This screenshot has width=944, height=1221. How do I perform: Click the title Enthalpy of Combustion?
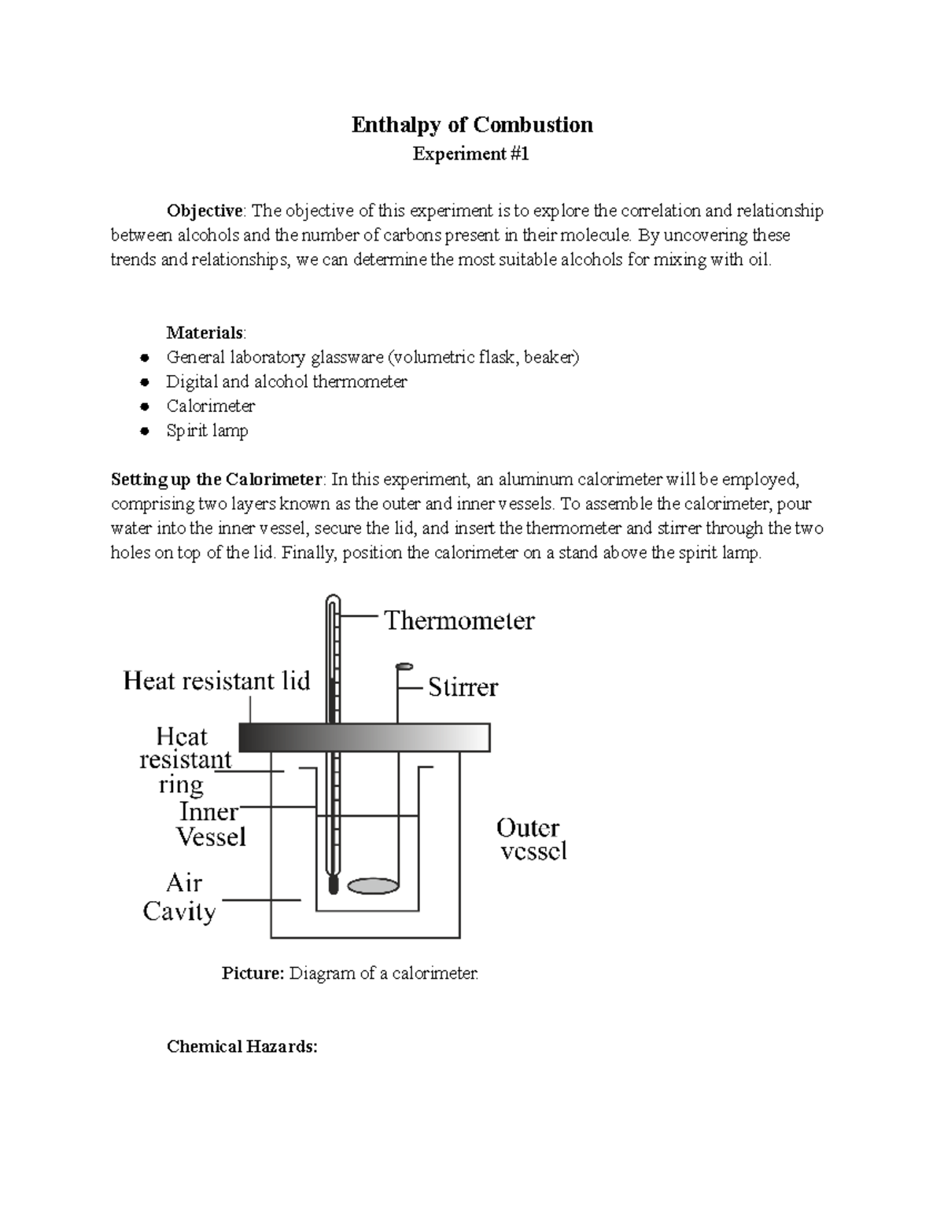click(471, 125)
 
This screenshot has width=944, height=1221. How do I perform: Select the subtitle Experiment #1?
click(471, 154)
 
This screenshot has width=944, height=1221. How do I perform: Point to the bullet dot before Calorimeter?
click(144, 407)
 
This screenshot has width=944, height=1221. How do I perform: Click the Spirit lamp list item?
click(207, 431)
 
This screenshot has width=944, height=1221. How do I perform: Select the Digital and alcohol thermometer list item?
click(286, 382)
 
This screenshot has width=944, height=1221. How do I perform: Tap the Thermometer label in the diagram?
click(459, 621)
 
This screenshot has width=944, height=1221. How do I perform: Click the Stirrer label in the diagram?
click(463, 688)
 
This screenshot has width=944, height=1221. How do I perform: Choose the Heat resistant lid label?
click(217, 681)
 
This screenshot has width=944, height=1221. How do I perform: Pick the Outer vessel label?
click(531, 839)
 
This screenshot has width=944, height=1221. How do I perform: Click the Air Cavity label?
click(179, 897)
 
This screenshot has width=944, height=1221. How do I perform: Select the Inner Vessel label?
click(210, 824)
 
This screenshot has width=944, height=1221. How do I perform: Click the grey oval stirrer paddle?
click(369, 885)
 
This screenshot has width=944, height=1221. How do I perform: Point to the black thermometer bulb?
click(333, 884)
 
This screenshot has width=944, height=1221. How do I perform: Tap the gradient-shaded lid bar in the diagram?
click(364, 737)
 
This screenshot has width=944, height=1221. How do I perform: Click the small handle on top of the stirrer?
click(404, 667)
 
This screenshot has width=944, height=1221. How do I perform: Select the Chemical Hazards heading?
click(242, 1046)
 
